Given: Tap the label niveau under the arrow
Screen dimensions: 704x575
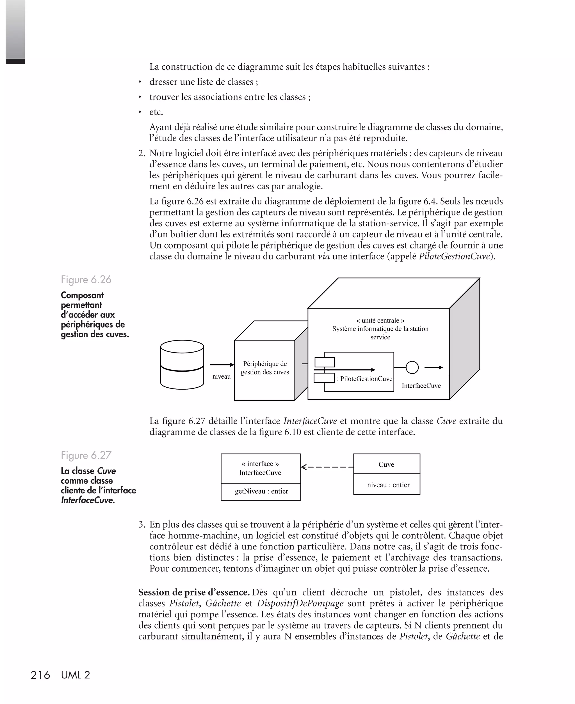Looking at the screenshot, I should coord(221,376).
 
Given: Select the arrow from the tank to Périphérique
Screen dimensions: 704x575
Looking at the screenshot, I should coord(222,365).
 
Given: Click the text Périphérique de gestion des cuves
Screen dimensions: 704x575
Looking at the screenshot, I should coord(265,368).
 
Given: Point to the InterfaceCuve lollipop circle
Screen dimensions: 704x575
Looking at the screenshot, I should coord(412,367).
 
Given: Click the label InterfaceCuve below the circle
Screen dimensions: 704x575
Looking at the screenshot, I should coord(421,386).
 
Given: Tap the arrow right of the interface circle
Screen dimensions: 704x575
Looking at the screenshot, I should coord(433,367).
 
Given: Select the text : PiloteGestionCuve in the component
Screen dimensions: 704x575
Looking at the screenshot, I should coord(364,379).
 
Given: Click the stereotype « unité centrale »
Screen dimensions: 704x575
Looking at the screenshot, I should coord(380,320).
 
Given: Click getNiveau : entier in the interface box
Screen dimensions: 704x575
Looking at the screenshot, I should coord(261,491).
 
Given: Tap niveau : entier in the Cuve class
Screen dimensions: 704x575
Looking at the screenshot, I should coord(388,485).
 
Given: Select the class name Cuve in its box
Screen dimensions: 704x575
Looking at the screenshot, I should coord(386,464).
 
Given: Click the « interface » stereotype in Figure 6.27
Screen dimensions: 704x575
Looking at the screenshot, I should coord(260,464).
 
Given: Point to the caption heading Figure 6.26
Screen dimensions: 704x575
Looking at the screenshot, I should coord(86,280).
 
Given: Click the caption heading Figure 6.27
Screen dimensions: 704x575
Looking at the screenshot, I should coord(86,455).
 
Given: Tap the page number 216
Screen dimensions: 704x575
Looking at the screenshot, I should coord(40,675).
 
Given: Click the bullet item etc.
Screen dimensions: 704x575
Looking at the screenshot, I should coord(156,112).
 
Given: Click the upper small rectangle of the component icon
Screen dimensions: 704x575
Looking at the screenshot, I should coord(324,362).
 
